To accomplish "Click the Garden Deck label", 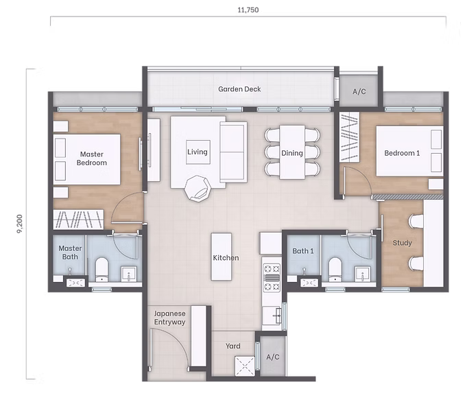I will [239, 89].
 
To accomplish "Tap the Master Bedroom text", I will [91, 158].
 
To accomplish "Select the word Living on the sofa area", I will [197, 152].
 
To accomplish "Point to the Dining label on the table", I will [291, 153].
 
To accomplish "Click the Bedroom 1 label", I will [402, 152].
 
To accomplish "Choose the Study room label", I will [402, 243].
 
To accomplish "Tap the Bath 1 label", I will [302, 251].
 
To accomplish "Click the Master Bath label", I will [70, 252].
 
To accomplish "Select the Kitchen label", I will [226, 258].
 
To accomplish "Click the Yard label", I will [233, 346].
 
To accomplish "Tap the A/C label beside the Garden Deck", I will [359, 91].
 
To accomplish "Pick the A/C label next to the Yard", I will [272, 357].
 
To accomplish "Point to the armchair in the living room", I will [200, 187].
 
